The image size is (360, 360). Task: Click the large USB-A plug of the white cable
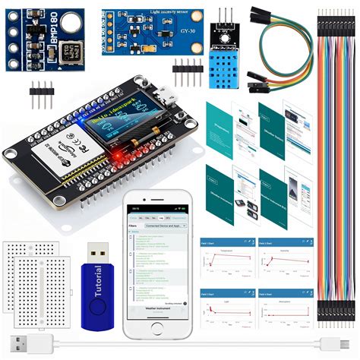[x=30, y=342]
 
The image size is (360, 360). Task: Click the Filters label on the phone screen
[x=134, y=226]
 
